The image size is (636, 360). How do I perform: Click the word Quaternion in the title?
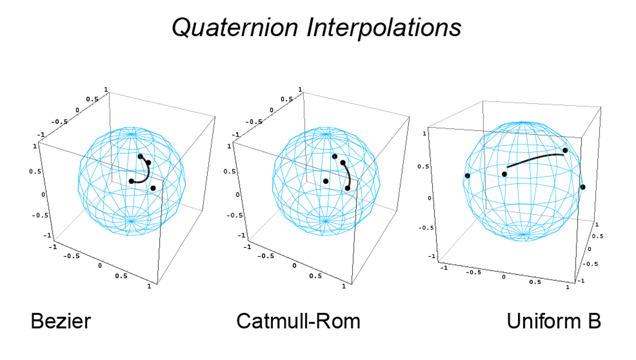click(235, 27)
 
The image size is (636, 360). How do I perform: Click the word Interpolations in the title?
click(384, 27)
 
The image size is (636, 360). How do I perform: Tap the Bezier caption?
click(61, 321)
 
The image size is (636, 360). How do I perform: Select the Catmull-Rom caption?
click(298, 321)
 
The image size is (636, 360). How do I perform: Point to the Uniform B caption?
click(554, 321)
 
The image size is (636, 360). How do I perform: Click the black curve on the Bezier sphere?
click(147, 175)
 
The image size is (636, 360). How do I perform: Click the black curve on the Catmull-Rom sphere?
click(348, 175)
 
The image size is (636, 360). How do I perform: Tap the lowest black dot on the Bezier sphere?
click(153, 188)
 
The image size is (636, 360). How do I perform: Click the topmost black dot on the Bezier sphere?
click(140, 156)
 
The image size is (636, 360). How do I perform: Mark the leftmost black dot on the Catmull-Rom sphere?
click(326, 181)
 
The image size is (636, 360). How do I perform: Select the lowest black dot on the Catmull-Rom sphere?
click(347, 188)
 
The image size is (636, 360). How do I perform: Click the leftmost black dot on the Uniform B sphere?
click(467, 176)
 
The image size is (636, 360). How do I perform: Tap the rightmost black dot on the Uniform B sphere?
click(583, 187)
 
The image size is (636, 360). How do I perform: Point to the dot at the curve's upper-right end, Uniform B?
click(565, 150)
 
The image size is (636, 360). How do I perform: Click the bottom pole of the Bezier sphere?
click(131, 221)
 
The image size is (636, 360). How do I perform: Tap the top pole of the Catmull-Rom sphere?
click(326, 134)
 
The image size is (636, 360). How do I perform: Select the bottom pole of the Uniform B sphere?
click(523, 235)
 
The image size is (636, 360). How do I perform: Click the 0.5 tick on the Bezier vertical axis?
click(35, 171)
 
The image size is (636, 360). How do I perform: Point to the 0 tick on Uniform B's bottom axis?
click(504, 277)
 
